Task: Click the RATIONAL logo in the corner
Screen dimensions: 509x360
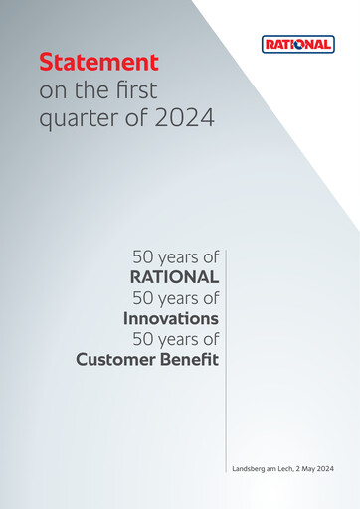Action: (297, 44)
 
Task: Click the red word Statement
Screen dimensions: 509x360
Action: (98, 62)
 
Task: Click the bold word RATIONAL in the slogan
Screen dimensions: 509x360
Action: (174, 275)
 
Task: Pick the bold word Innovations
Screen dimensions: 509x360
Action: (170, 318)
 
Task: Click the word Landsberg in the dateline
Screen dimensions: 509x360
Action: (250, 467)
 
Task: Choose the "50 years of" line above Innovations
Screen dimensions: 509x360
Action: (175, 296)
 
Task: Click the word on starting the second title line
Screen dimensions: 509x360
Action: (51, 90)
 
